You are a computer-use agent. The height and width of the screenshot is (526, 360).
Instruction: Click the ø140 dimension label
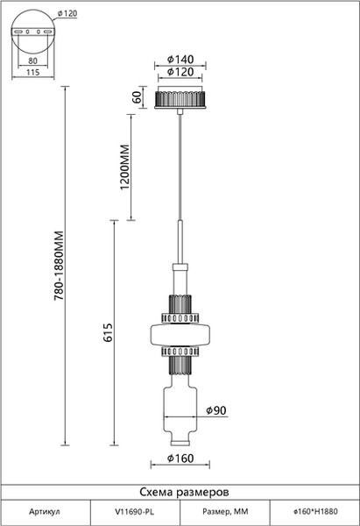pyautogui.click(x=180, y=60)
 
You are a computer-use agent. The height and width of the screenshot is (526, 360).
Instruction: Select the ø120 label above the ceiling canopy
pyautogui.click(x=180, y=72)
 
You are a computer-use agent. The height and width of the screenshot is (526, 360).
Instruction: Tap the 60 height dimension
pyautogui.click(x=138, y=97)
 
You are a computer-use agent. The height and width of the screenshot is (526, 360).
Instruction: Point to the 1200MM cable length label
pyautogui.click(x=124, y=167)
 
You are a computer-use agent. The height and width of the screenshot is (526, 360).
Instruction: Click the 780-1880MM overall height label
pyautogui.click(x=59, y=266)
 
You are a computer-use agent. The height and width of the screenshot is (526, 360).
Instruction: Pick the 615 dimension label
pyautogui.click(x=108, y=333)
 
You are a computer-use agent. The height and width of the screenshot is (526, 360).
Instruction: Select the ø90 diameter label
pyautogui.click(x=216, y=410)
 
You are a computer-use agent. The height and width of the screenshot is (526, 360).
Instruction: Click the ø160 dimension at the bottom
pyautogui.click(x=180, y=458)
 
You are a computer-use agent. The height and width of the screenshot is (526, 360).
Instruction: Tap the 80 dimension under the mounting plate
pyautogui.click(x=33, y=60)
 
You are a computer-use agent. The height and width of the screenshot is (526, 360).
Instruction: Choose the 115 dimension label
pyautogui.click(x=33, y=72)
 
